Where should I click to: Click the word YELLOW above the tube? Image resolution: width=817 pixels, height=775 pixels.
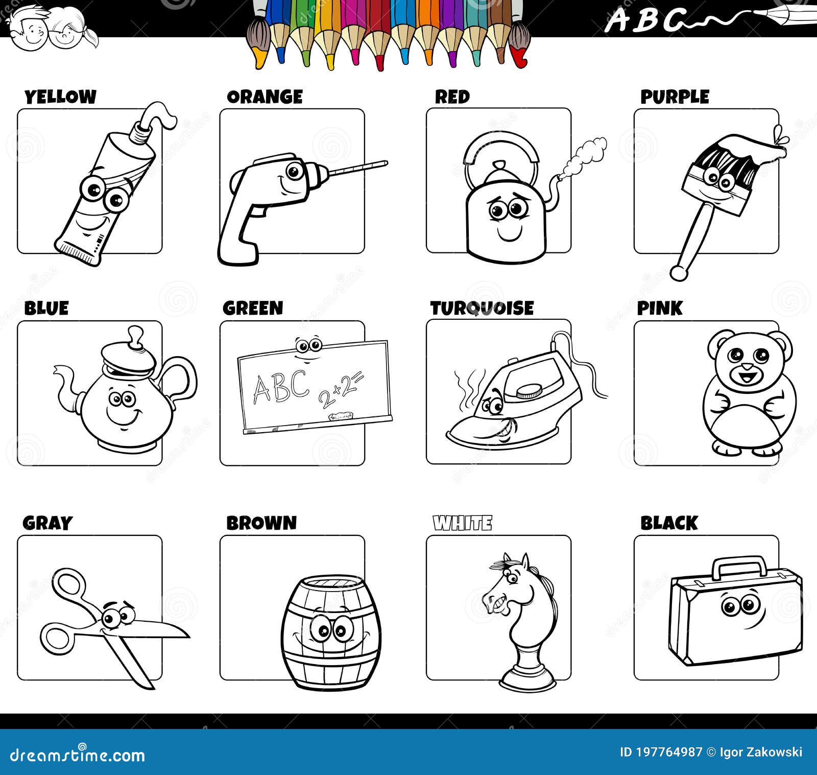(60, 97)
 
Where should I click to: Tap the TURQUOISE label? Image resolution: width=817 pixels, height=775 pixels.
(482, 308)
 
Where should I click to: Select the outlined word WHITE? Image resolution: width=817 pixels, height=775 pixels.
(463, 523)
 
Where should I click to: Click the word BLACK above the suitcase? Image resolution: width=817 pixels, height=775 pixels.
(669, 523)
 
